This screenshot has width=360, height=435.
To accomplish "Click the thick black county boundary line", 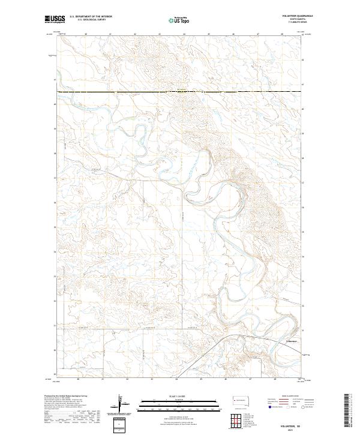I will click(x=180, y=91).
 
